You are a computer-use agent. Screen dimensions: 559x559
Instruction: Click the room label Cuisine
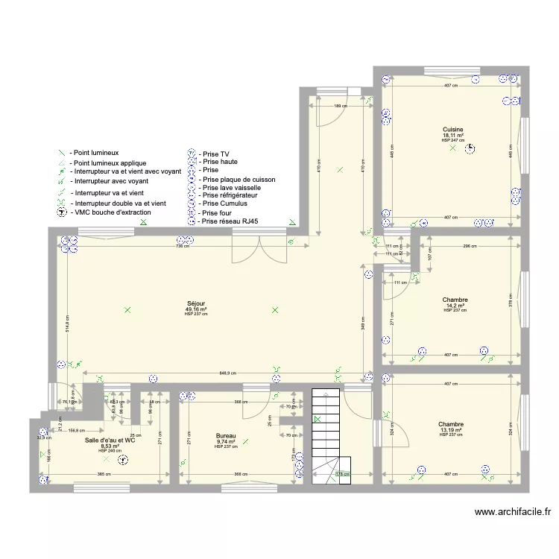tap(452, 130)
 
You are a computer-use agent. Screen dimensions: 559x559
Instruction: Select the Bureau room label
tap(227, 436)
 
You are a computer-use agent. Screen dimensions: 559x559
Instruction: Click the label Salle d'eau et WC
tap(110, 440)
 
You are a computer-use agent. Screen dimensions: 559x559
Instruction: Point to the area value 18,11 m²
tap(452, 135)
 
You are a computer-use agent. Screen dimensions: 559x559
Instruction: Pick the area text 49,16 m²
tap(195, 309)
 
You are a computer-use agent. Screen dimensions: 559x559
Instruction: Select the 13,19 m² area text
tap(452, 430)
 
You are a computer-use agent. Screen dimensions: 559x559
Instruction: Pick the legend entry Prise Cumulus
tap(224, 203)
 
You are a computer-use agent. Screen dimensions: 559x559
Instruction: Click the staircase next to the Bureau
tap(326, 436)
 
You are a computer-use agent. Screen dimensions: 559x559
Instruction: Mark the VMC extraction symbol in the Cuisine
tap(470, 149)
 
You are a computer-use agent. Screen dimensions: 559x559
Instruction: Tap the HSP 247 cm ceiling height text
tap(452, 140)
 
